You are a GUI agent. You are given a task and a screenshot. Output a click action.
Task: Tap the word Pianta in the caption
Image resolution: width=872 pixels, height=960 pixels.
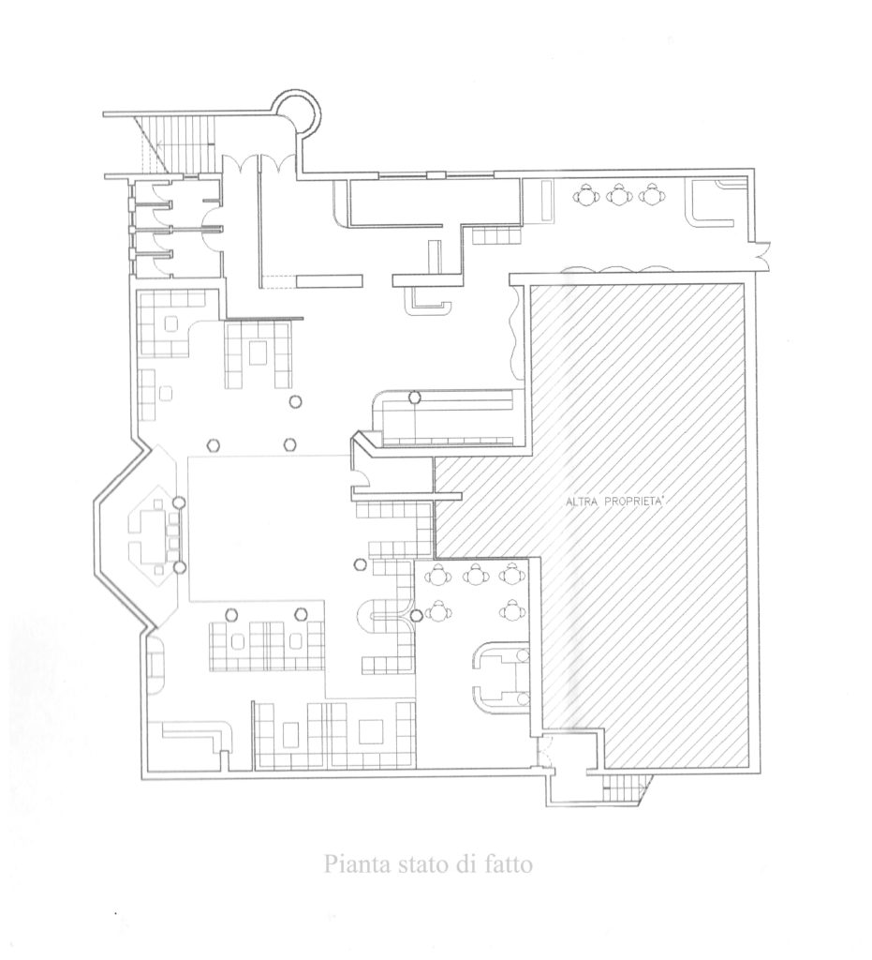(353, 864)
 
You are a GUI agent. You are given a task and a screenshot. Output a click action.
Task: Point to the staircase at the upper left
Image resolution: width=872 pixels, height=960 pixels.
(177, 143)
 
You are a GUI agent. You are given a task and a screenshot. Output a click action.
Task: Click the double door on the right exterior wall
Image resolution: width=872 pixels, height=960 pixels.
(762, 255)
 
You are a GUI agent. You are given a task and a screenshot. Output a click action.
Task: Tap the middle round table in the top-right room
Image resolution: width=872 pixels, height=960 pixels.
(619, 195)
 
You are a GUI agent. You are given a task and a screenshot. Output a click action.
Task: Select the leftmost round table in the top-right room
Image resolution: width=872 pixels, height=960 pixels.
(585, 195)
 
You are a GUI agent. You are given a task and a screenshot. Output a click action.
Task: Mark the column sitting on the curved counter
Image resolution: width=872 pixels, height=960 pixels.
(415, 397)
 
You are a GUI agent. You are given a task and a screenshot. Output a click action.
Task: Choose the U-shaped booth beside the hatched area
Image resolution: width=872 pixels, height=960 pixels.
(499, 677)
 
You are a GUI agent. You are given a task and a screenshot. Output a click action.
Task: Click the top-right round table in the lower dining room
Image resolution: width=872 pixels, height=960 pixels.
(511, 575)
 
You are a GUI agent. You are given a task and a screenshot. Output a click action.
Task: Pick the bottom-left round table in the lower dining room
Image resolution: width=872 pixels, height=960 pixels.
(437, 610)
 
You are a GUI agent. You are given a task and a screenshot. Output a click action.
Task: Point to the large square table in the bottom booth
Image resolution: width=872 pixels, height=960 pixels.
(371, 731)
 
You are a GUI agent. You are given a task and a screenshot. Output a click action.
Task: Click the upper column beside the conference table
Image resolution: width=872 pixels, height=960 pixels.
(179, 502)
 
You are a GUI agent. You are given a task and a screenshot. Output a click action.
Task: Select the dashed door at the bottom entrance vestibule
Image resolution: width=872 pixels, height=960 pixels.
(545, 749)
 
